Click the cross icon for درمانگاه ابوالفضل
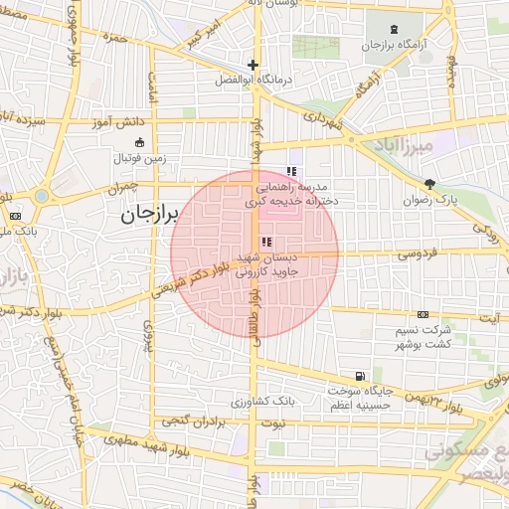click(254, 65)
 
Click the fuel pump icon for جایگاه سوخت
click(358, 377)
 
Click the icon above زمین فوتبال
click(139, 140)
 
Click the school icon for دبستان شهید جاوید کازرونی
click(264, 243)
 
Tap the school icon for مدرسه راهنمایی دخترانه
click(290, 171)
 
